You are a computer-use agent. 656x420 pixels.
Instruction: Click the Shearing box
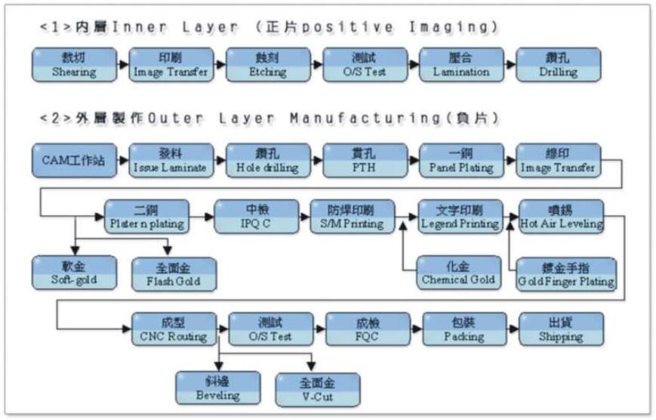[74, 65]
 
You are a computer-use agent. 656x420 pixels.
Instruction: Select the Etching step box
[267, 65]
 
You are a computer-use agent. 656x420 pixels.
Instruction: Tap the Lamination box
[461, 65]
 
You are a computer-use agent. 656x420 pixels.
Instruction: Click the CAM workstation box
[74, 161]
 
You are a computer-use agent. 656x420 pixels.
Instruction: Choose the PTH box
[364, 161]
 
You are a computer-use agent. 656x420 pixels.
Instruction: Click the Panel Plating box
[461, 161]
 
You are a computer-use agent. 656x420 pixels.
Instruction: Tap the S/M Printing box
[353, 217]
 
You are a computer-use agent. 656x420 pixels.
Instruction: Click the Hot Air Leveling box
[561, 217]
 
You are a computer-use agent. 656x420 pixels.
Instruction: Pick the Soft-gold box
[74, 273]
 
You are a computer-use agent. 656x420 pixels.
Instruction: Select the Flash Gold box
[174, 275]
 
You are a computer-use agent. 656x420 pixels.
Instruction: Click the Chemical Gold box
[460, 273]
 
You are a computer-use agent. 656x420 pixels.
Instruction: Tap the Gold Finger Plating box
[565, 275]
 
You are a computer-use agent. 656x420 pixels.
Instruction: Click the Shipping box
[561, 329]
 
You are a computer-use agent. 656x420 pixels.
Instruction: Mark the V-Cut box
[318, 388]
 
